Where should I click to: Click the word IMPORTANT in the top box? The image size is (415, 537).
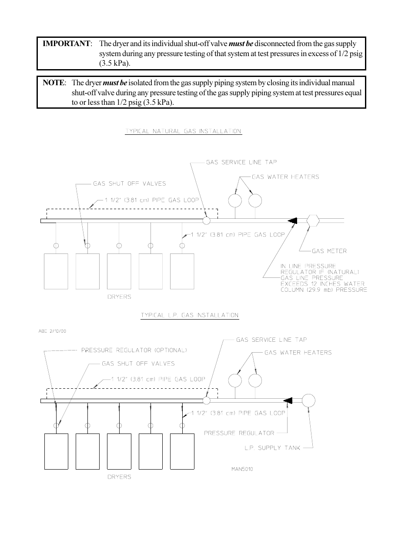(67, 43)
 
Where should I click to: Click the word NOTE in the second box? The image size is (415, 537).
(54, 83)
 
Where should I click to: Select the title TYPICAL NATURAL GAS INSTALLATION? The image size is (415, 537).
(183, 131)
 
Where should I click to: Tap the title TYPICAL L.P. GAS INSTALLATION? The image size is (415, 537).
(190, 315)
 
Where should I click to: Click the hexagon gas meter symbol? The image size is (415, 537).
(313, 220)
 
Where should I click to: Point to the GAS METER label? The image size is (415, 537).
(329, 251)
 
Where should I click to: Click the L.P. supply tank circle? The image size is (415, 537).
(308, 400)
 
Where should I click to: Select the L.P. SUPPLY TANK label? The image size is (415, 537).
(273, 447)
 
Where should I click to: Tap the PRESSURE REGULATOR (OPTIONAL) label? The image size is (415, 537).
(134, 350)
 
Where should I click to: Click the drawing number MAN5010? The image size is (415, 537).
(242, 469)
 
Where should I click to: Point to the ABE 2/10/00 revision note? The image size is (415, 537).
(52, 331)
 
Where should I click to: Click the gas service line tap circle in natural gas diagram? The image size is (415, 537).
(207, 220)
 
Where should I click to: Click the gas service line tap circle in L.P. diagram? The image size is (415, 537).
(207, 400)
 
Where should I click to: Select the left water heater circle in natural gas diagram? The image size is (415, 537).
(235, 200)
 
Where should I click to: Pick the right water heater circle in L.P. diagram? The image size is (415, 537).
(255, 380)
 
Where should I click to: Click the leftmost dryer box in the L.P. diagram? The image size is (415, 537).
(56, 451)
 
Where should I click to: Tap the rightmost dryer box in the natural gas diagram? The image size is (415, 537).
(182, 271)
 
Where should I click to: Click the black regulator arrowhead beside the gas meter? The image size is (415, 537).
(293, 220)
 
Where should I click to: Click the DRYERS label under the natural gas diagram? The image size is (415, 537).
(119, 297)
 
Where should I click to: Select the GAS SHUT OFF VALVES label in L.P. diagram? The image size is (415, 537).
(138, 364)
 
